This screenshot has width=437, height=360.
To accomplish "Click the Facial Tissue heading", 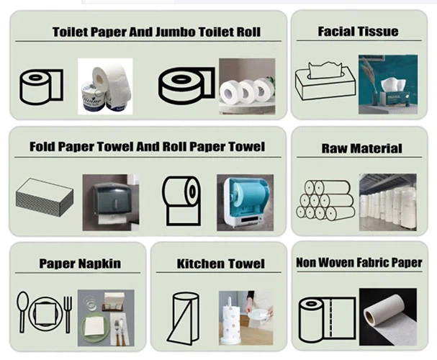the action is [x=358, y=32].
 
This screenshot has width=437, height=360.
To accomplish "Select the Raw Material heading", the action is [x=361, y=148].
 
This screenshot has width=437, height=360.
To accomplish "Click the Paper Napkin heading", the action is [x=80, y=264].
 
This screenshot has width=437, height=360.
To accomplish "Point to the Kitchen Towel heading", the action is [x=221, y=264].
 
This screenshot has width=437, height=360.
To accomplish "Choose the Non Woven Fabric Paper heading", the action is [x=359, y=263].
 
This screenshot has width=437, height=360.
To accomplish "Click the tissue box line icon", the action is [x=325, y=81].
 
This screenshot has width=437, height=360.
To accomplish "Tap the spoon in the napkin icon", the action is [x=22, y=312].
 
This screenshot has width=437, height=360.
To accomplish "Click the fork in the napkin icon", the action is [x=68, y=315].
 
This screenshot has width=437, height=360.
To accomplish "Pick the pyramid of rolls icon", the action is [x=325, y=200].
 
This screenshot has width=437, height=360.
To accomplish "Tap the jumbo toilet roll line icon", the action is [x=186, y=86].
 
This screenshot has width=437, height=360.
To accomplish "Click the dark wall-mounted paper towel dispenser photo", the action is [x=111, y=202].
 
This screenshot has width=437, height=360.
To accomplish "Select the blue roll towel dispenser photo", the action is [x=245, y=202].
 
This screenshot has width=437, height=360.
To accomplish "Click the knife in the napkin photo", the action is [x=121, y=332].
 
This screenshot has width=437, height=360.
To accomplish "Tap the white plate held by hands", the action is [x=257, y=315].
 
